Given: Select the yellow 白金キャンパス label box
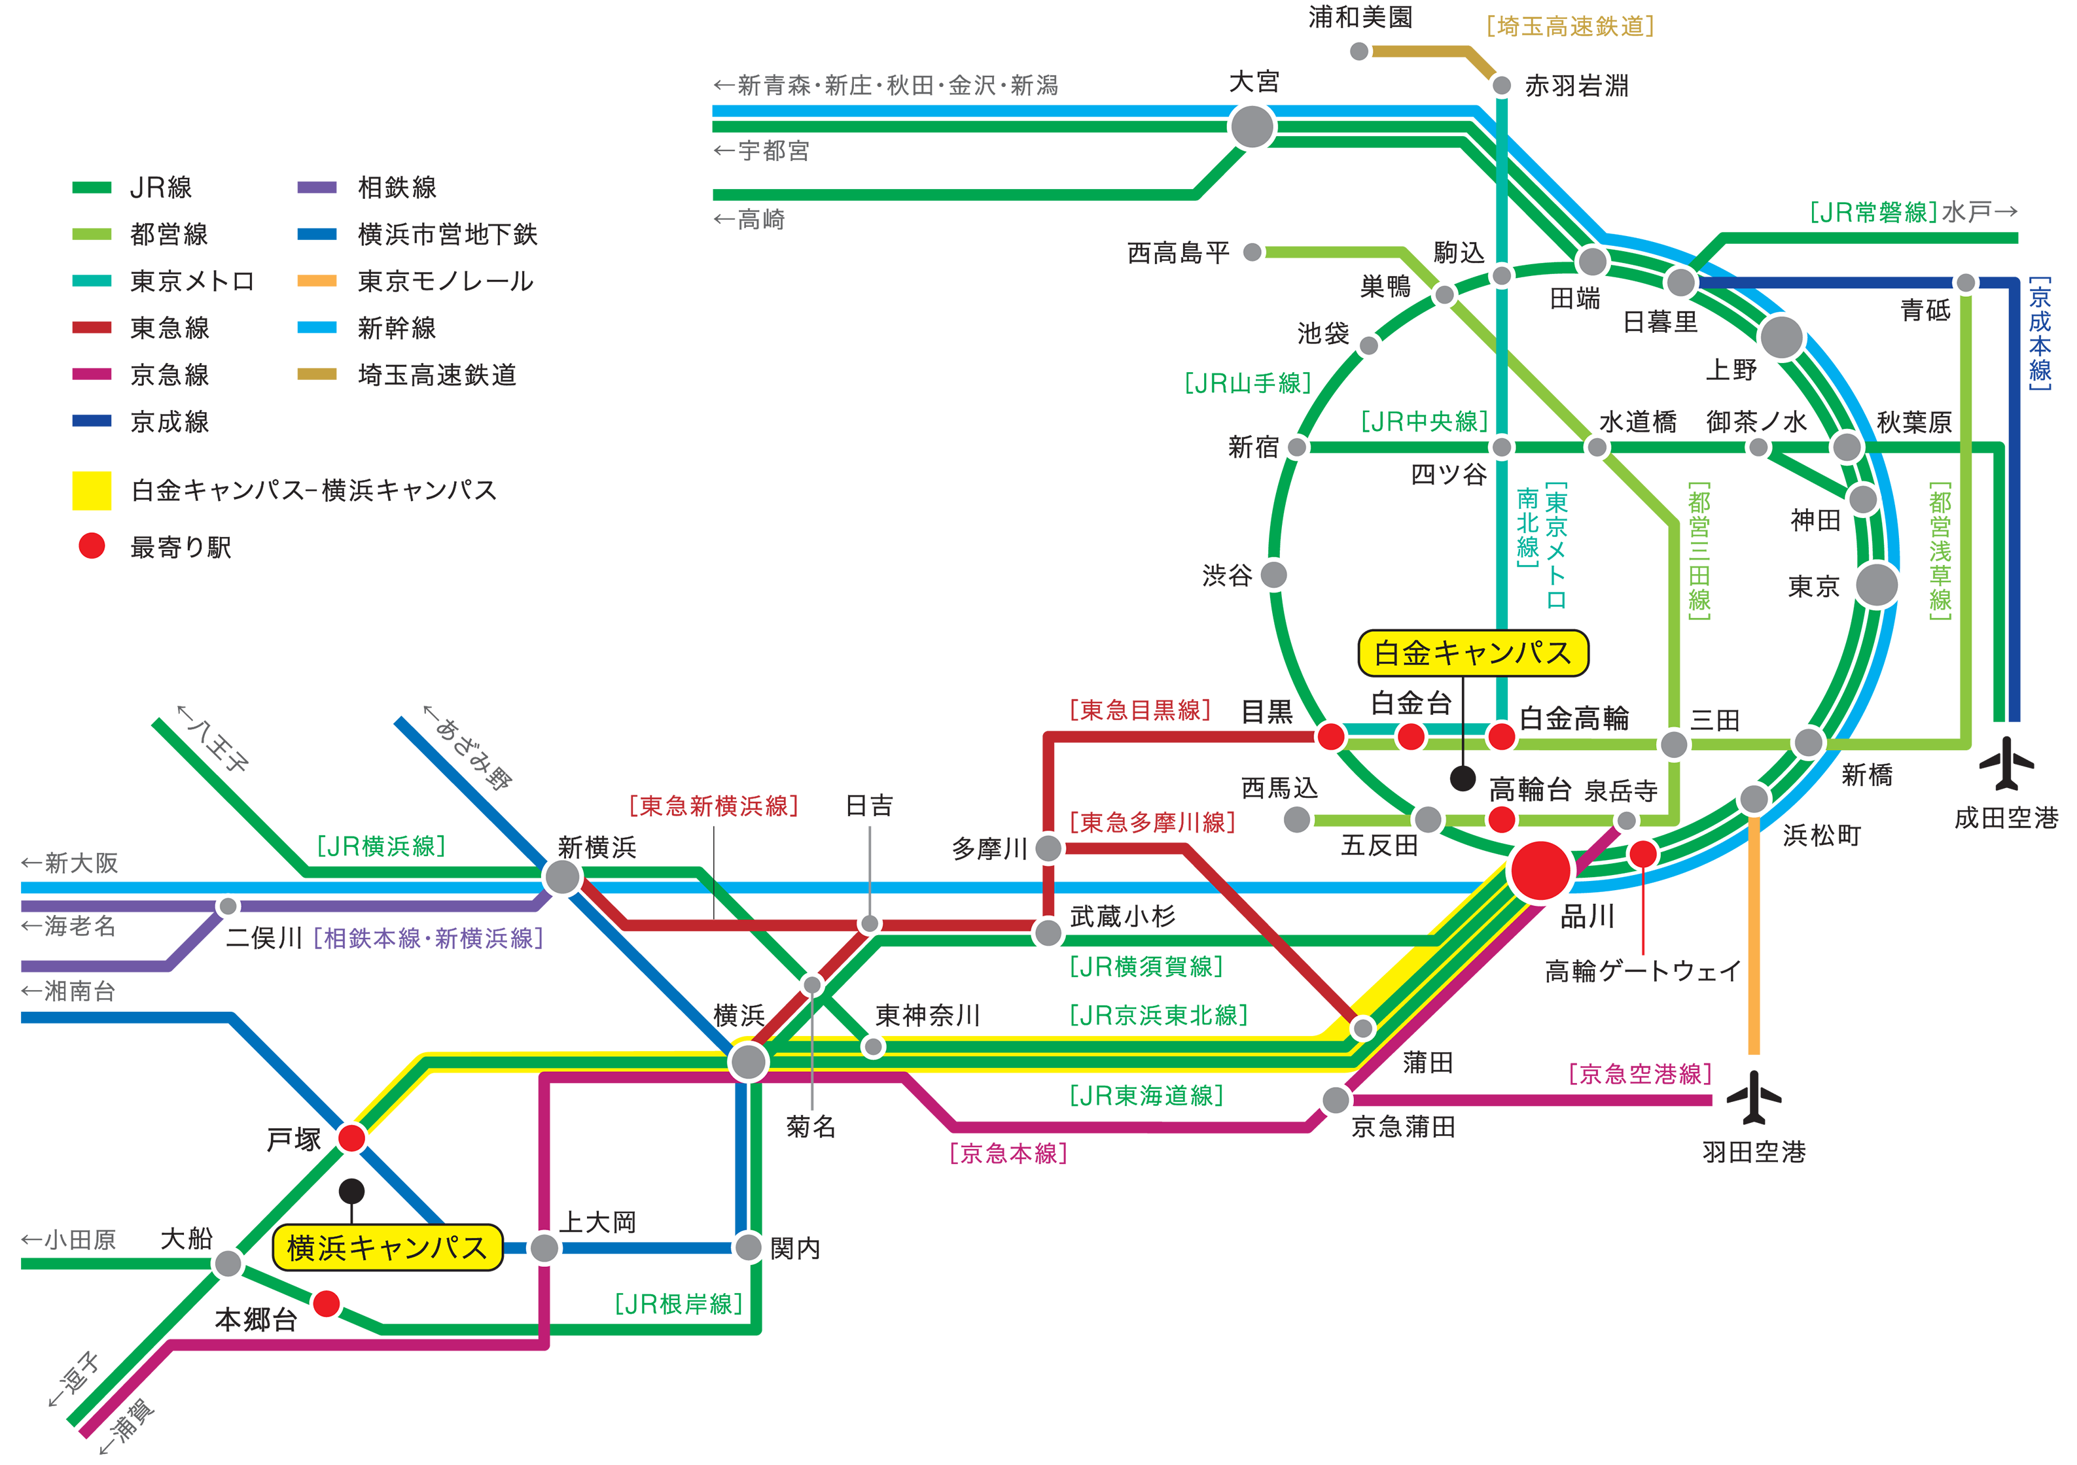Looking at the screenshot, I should click(x=1473, y=653).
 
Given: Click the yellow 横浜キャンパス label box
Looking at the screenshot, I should click(x=387, y=1248).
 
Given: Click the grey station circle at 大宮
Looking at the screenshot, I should click(x=1253, y=127).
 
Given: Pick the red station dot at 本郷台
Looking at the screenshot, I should click(x=326, y=1303).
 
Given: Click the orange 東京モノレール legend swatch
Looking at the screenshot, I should click(x=317, y=281).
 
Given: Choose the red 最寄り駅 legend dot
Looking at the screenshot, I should click(x=92, y=546).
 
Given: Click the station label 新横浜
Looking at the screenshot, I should click(x=597, y=848).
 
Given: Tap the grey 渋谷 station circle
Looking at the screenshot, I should click(x=1273, y=574).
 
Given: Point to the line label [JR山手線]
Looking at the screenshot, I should click(x=1247, y=383).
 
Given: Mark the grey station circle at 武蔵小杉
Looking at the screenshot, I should click(x=1048, y=933).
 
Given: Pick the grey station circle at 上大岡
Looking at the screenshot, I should click(x=544, y=1248).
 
